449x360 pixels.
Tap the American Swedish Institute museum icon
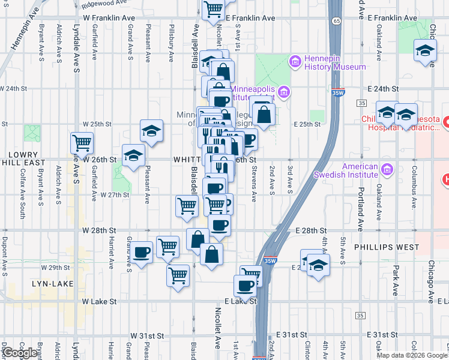(x=388, y=170)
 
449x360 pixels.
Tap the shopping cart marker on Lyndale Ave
(x=82, y=143)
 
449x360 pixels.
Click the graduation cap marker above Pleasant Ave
(x=152, y=131)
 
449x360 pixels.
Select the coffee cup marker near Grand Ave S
(x=142, y=252)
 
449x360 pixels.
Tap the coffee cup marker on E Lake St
(x=246, y=286)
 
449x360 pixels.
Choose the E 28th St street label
(x=310, y=230)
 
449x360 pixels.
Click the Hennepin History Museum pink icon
(x=295, y=61)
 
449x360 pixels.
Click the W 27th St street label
(x=115, y=195)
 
